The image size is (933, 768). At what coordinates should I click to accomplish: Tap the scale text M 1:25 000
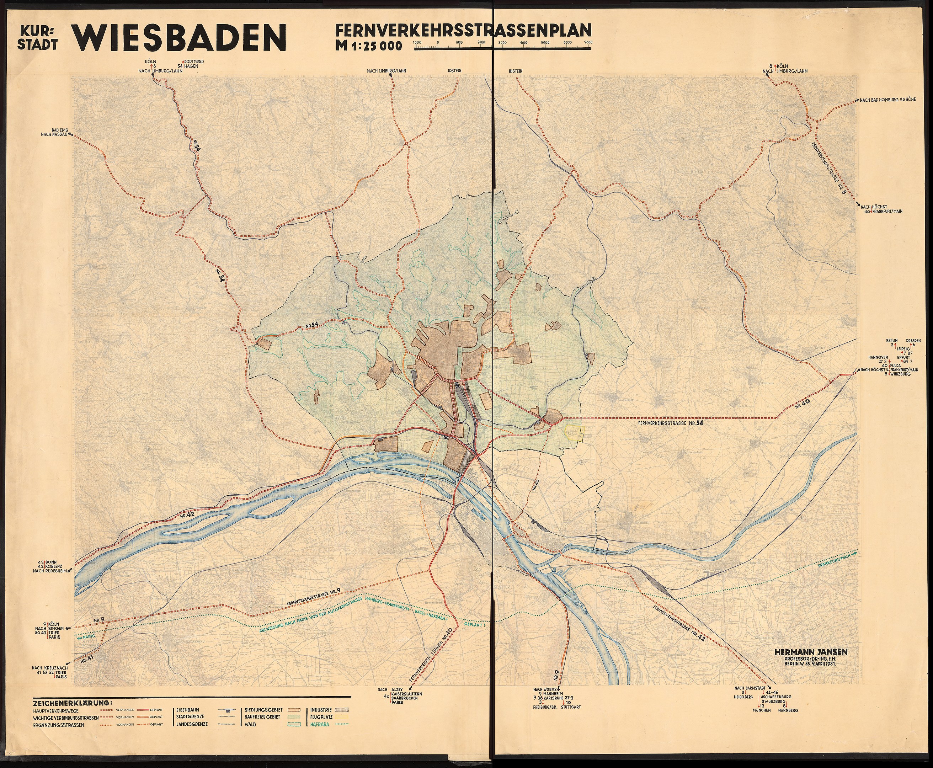pyautogui.click(x=368, y=46)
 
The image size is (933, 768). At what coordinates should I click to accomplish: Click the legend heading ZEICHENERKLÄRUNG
pyautogui.click(x=72, y=702)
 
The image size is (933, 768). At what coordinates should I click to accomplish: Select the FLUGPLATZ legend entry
pyautogui.click(x=320, y=717)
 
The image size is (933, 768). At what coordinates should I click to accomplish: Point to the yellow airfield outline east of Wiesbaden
pyautogui.click(x=574, y=433)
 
